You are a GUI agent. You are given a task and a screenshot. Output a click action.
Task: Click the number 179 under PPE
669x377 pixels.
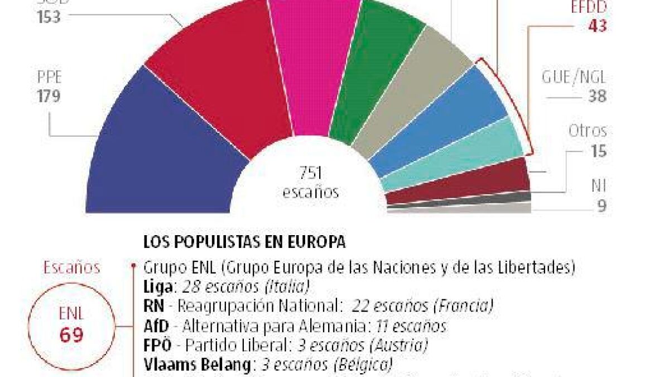coord(49,97)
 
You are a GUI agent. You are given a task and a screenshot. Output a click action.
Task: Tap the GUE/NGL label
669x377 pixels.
coord(574,77)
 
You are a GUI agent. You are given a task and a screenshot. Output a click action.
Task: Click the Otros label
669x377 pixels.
coord(587,132)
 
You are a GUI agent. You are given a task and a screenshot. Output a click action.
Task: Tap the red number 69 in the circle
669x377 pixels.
coord(71,335)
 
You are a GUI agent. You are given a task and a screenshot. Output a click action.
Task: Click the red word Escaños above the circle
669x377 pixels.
coord(73,268)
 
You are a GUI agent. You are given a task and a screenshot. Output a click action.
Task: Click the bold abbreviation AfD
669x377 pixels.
coord(156,326)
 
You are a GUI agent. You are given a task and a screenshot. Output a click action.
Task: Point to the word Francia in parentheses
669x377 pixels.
coord(469,307)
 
